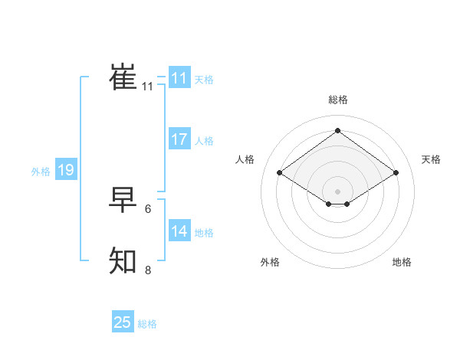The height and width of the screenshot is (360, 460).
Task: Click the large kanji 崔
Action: pos(123,77)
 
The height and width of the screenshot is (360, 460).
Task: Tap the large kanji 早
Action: pos(123,199)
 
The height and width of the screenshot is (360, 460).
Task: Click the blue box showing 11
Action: pos(179,78)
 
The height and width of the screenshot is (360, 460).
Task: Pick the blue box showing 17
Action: pos(179,139)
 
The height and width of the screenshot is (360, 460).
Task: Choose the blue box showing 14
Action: pos(179,231)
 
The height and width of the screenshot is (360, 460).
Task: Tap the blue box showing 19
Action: pos(66,170)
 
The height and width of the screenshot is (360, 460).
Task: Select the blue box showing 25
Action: pos(123,322)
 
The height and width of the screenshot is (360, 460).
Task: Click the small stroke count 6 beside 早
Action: pos(148,208)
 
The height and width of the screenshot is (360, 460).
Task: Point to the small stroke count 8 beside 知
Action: pos(148,270)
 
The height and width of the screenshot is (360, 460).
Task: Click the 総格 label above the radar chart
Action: pos(338,100)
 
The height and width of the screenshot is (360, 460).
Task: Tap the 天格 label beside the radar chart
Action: pos(431,159)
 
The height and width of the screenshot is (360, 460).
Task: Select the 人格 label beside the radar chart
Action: pos(245,159)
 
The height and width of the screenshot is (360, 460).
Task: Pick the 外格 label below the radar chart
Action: pos(270,262)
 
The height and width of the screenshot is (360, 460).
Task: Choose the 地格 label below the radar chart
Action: pos(402,262)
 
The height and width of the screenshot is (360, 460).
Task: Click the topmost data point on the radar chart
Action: pos(337,131)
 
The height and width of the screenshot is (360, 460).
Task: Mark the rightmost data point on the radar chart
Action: pos(396,173)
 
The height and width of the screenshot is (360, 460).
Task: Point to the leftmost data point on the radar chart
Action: pos(280,173)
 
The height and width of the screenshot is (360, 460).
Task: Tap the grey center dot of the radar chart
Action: pos(337,191)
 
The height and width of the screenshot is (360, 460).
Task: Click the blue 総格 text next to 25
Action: pos(147,324)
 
